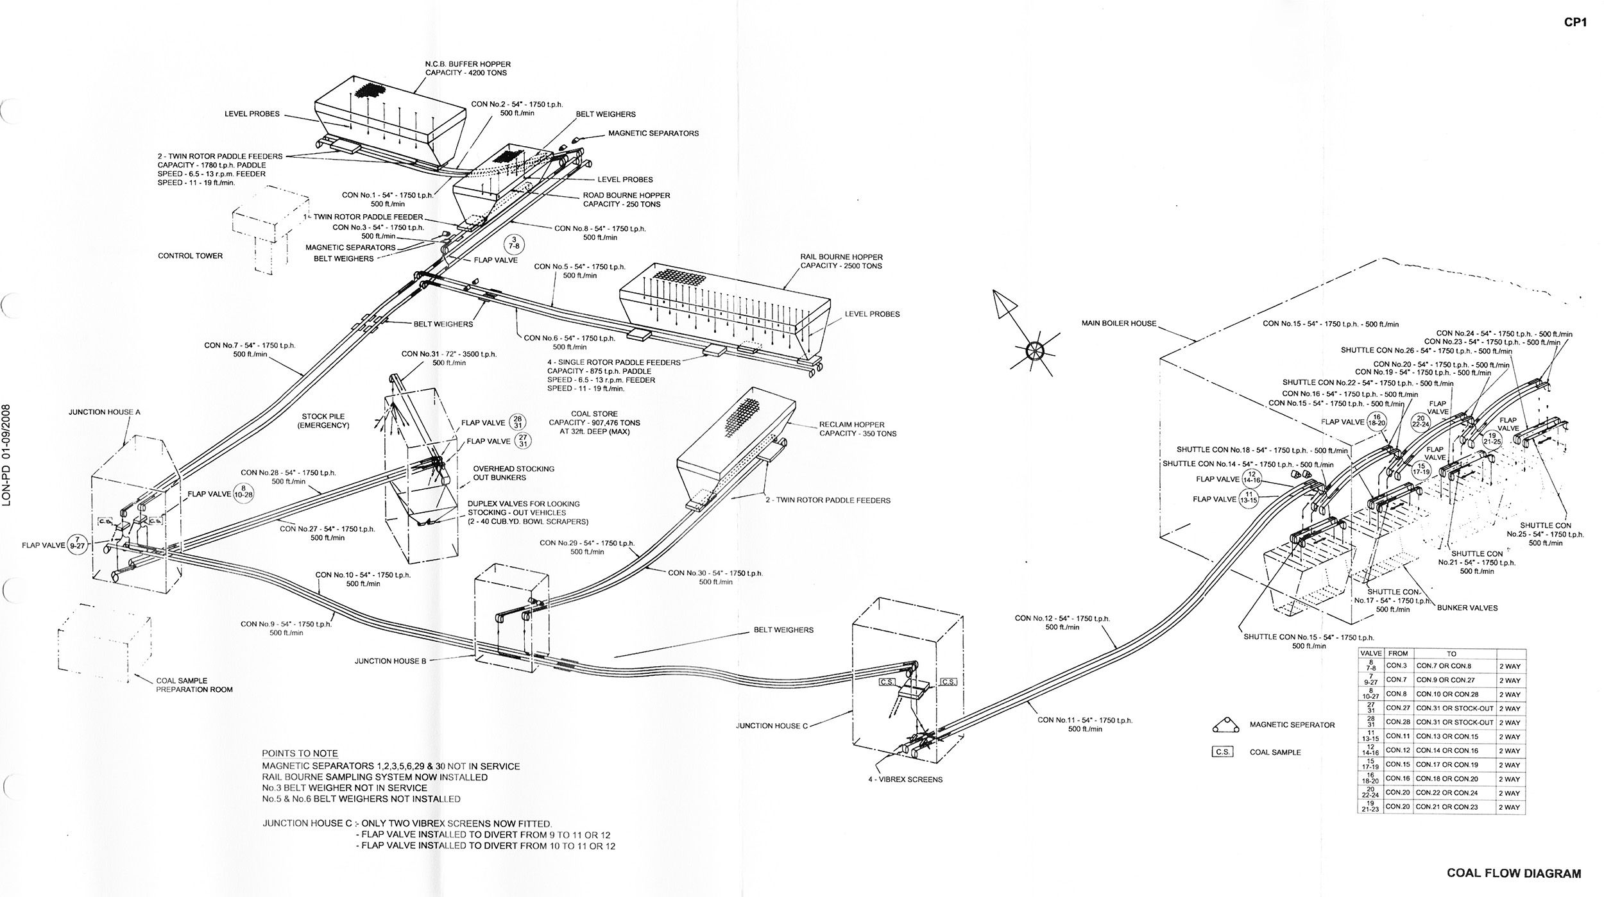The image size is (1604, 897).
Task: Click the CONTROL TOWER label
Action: click(190, 256)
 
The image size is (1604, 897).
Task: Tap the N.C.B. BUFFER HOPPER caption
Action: click(467, 69)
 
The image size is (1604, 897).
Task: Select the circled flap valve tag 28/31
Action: click(517, 421)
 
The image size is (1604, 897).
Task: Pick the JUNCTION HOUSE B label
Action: click(390, 661)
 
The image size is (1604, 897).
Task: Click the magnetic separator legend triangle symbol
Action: click(1224, 725)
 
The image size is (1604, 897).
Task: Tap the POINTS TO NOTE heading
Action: click(300, 753)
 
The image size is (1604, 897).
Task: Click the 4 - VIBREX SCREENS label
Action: click(903, 780)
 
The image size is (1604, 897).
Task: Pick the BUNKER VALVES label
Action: click(1467, 607)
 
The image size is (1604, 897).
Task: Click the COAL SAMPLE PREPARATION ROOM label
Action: click(194, 685)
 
